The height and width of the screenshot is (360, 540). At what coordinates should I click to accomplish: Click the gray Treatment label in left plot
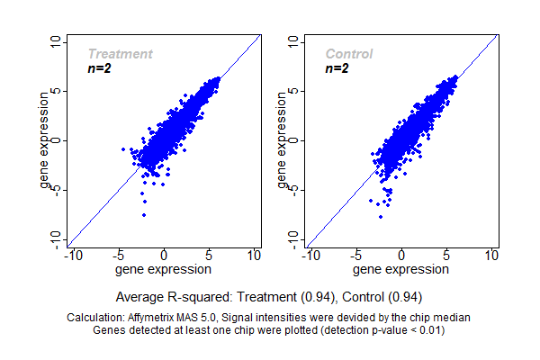120,54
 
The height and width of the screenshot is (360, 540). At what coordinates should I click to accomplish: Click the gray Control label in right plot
349,54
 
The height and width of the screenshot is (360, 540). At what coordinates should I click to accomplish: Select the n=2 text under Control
337,68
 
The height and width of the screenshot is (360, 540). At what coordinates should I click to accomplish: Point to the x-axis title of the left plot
164,269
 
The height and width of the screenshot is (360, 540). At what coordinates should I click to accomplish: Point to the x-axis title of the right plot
401,269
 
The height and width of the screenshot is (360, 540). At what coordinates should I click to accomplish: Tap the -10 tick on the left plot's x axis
73,256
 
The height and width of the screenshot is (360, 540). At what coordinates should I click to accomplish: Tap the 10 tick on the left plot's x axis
255,256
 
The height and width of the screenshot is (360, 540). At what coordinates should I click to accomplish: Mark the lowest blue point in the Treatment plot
144,216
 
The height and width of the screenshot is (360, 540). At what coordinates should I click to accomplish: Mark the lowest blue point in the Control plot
381,216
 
